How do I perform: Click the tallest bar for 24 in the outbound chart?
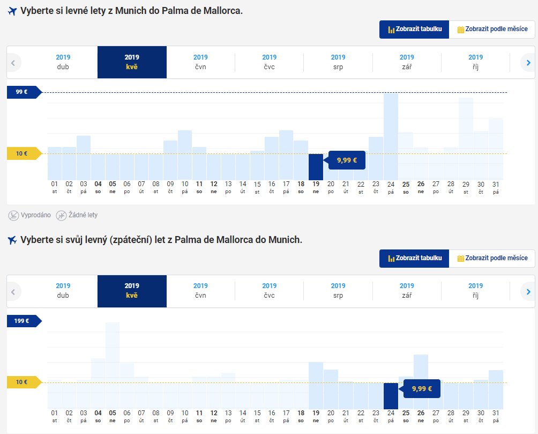[x=391, y=137]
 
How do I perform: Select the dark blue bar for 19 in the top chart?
[x=316, y=167]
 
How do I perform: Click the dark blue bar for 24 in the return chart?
[x=391, y=396]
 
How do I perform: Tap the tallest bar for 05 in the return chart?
[x=113, y=365]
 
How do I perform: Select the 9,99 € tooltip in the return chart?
[x=422, y=388]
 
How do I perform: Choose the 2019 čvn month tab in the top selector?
[x=200, y=62]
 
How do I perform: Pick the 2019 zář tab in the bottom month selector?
[x=407, y=291]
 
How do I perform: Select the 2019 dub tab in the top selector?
[x=63, y=62]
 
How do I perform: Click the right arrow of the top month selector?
[x=528, y=63]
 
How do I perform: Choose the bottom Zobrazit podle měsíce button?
[x=492, y=258]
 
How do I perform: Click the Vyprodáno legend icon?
[x=13, y=215]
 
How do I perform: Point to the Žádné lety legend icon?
[x=62, y=215]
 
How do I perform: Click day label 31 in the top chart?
[x=496, y=187]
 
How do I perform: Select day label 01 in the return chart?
[x=55, y=416]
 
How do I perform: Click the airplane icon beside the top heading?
[x=12, y=11]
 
